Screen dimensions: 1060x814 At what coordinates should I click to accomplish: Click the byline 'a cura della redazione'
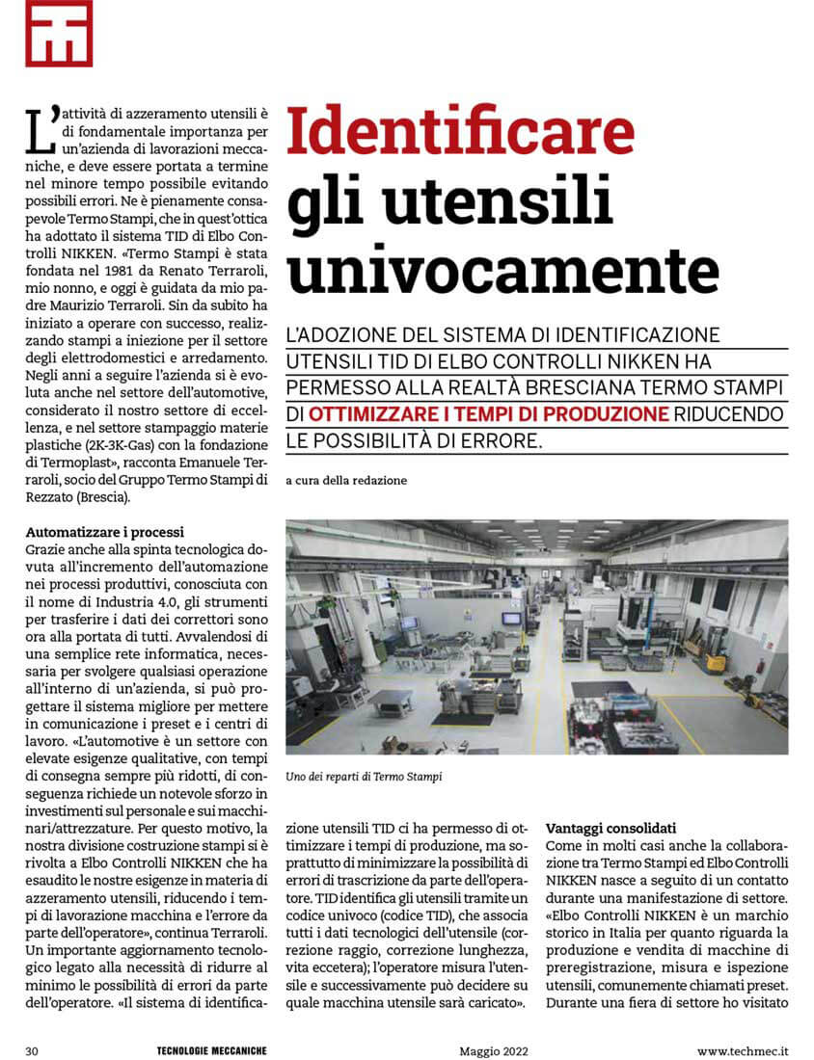[346, 480]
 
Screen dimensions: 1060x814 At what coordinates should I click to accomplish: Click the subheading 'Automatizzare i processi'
[104, 532]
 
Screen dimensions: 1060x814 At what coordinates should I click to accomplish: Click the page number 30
[31, 1049]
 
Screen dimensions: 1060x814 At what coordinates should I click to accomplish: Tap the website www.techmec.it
[743, 1049]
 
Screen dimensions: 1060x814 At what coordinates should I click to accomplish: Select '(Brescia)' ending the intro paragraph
[111, 498]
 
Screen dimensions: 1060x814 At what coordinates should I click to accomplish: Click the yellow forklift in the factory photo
[715, 656]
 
